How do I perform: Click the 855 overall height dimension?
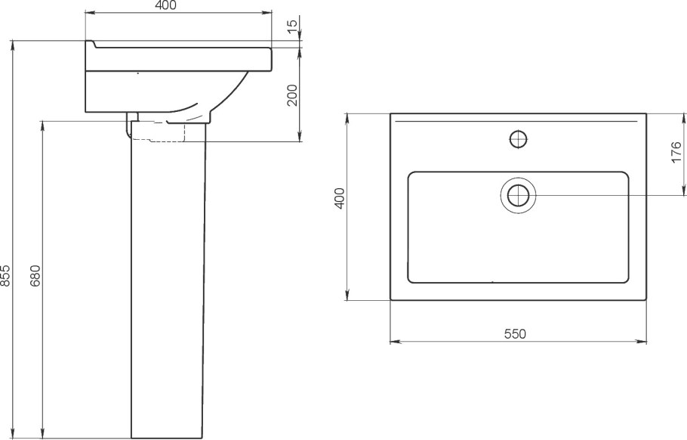(5, 276)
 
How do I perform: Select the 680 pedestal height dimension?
(35, 275)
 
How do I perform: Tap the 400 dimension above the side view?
(165, 6)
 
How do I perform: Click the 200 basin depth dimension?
(292, 95)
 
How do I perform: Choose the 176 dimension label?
(676, 152)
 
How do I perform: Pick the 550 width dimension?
(515, 334)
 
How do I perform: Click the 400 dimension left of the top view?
(340, 198)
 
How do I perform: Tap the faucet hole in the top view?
(519, 139)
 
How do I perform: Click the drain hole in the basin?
(519, 195)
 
